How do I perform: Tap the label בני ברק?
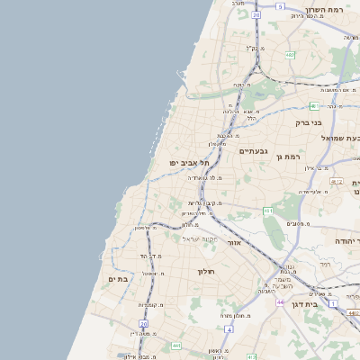309,122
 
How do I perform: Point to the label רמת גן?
288,157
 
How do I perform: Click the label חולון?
203,270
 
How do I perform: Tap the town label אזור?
235,243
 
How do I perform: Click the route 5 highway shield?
280,7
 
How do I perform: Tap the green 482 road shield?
290,56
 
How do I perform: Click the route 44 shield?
280,302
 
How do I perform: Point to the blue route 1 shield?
331,303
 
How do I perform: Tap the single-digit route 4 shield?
229,329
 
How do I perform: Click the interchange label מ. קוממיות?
148,304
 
